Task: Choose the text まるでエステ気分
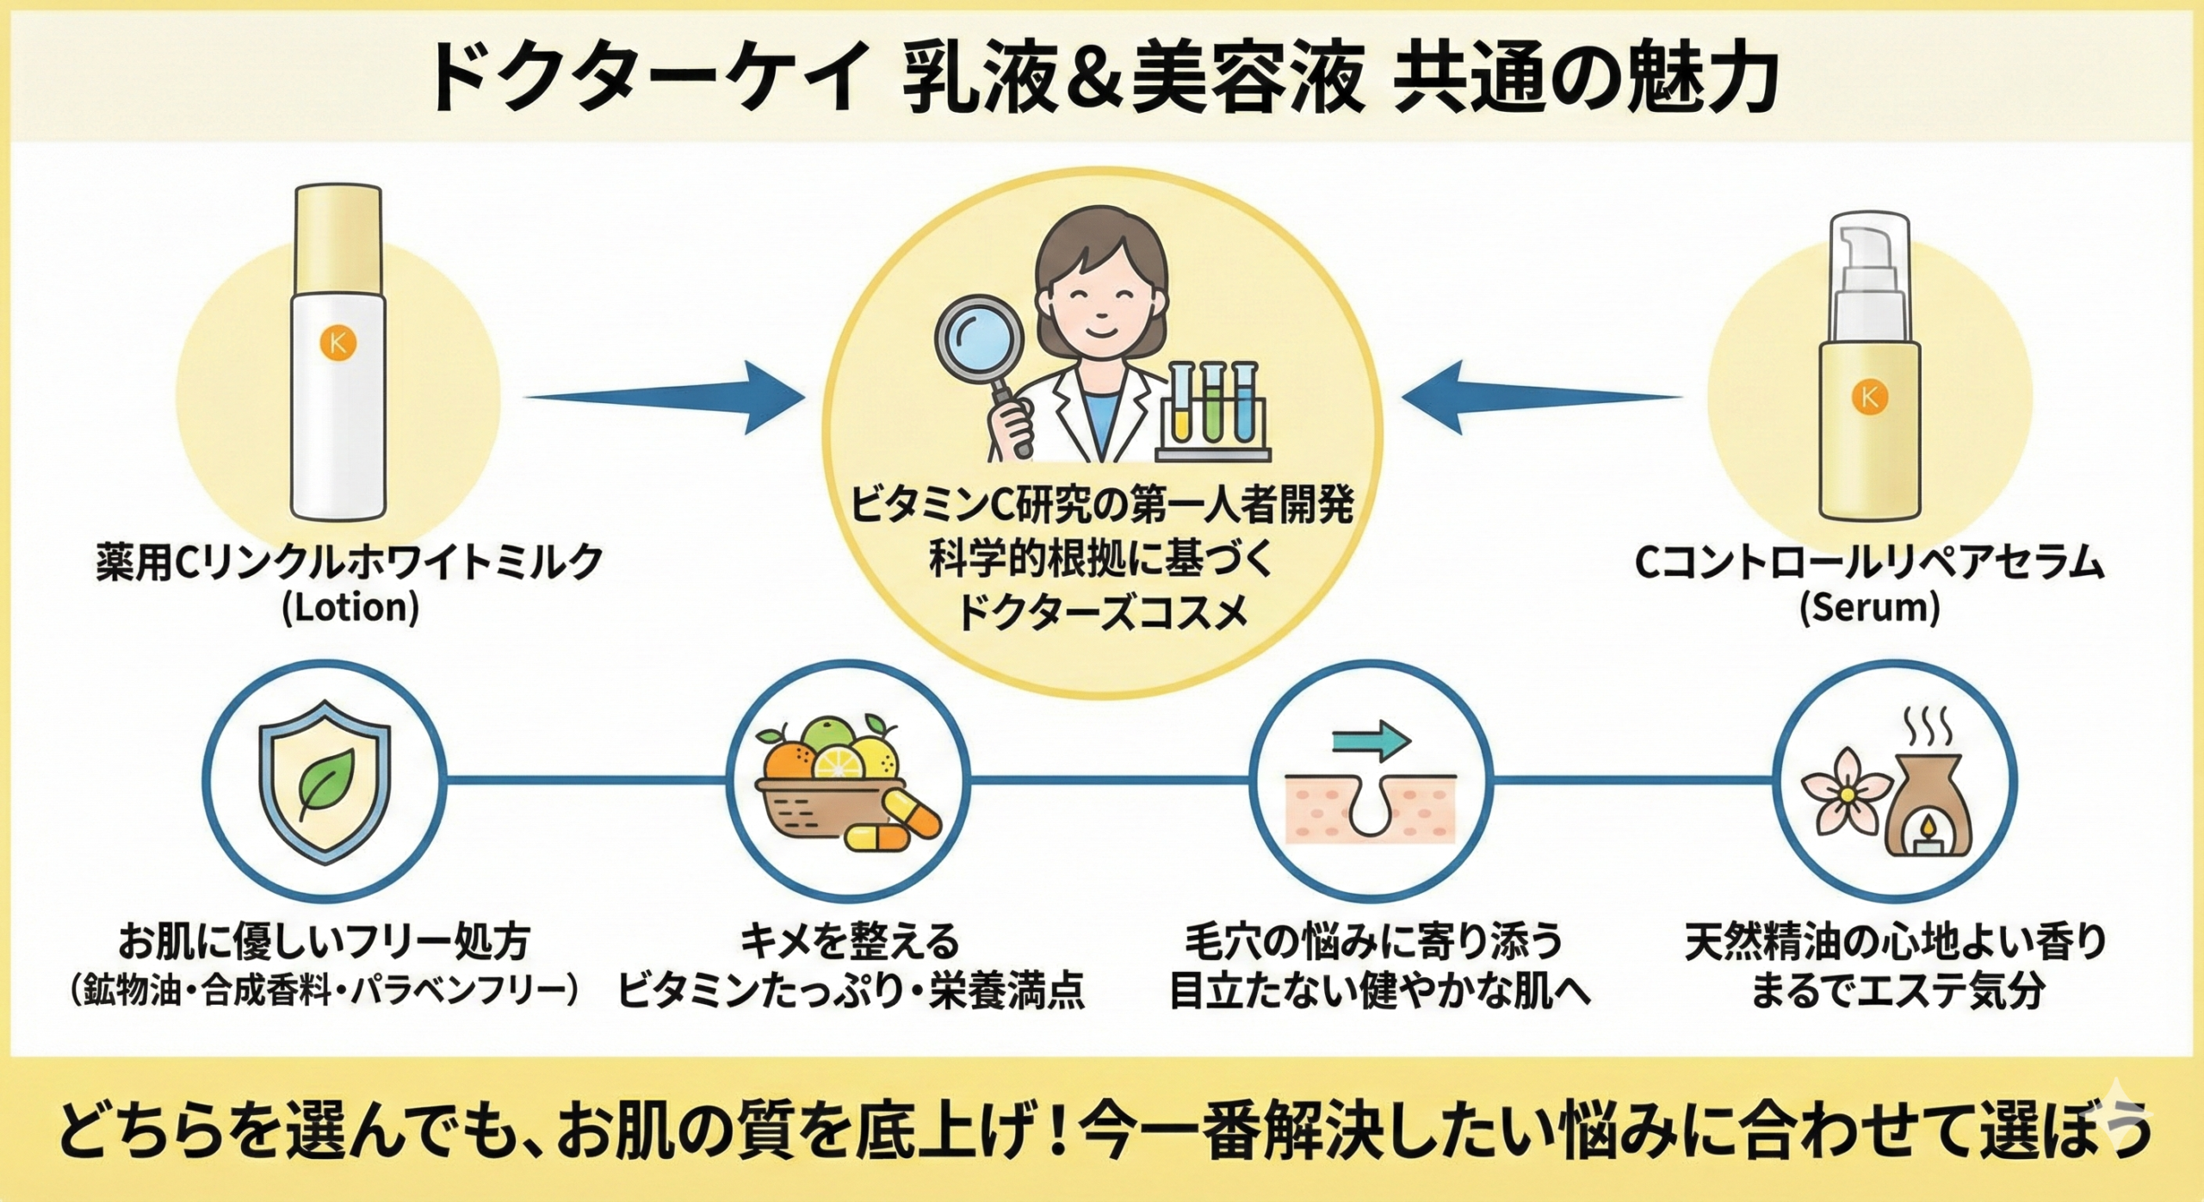[x=1897, y=992]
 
